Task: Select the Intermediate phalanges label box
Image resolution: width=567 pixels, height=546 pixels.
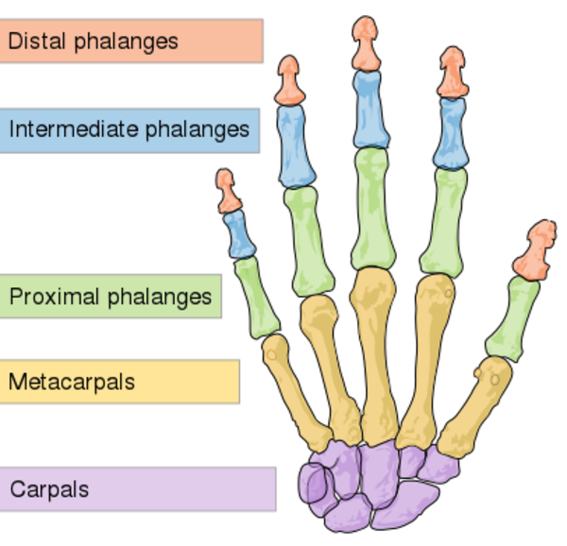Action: click(129, 129)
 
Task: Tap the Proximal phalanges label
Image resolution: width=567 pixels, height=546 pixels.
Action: click(110, 297)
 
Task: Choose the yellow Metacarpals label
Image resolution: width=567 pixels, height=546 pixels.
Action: click(119, 382)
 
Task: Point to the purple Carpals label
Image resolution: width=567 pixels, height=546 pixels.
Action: click(137, 489)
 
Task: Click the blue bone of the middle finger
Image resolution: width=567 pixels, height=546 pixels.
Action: click(369, 109)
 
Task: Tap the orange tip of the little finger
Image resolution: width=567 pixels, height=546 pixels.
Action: click(227, 191)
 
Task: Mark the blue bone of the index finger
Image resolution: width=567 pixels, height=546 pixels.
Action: click(451, 132)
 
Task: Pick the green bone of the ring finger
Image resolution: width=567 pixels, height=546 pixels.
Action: click(309, 240)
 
